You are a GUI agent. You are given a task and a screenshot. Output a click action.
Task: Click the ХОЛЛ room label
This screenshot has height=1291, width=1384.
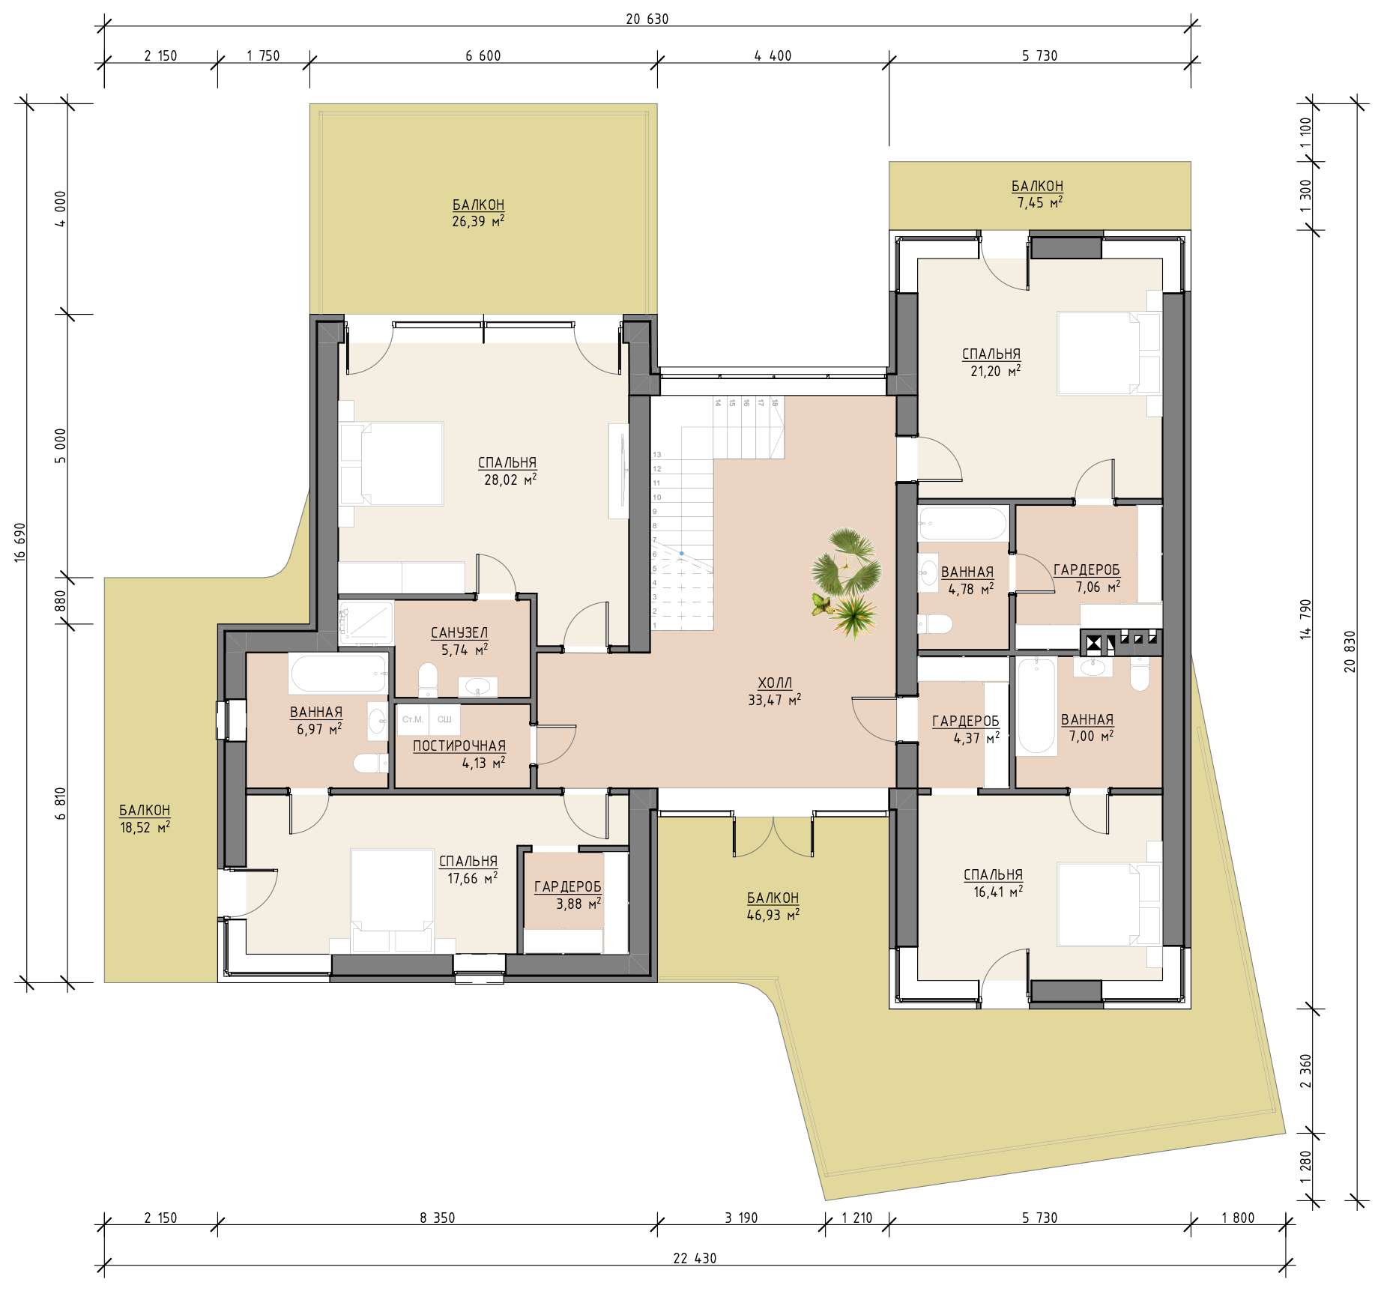(774, 683)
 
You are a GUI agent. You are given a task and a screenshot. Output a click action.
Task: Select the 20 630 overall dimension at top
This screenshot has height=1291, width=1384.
(647, 19)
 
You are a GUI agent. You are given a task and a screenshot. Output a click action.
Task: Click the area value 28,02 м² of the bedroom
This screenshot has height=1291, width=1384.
(510, 480)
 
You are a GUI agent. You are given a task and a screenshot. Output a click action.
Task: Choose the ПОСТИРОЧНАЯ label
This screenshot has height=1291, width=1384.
(459, 746)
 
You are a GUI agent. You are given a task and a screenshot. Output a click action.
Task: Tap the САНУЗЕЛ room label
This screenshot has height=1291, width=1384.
(459, 634)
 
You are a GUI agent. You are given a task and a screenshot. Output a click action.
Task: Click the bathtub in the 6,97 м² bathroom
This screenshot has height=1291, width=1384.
(338, 674)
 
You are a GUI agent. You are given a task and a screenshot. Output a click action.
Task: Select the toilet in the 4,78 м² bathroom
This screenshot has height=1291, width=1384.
(934, 623)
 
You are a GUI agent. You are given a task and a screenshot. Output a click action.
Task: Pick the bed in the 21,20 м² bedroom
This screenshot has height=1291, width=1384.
(1099, 353)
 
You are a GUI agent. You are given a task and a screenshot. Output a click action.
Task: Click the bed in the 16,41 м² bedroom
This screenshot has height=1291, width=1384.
(1099, 904)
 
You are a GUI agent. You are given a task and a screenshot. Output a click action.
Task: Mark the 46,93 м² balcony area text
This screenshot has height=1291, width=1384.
(773, 915)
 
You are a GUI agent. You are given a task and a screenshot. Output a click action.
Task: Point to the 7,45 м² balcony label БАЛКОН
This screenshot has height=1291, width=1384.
(1037, 186)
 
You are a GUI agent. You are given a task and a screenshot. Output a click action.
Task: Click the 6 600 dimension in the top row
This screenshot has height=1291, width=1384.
(483, 55)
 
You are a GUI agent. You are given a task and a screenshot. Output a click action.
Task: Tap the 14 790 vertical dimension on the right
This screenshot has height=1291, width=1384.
(1307, 619)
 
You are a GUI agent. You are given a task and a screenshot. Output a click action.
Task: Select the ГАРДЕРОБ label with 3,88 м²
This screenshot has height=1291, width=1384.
(567, 887)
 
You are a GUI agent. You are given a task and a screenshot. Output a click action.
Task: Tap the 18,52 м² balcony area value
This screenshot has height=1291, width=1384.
(145, 827)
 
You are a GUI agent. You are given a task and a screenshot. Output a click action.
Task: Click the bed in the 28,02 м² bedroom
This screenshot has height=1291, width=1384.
(391, 464)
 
